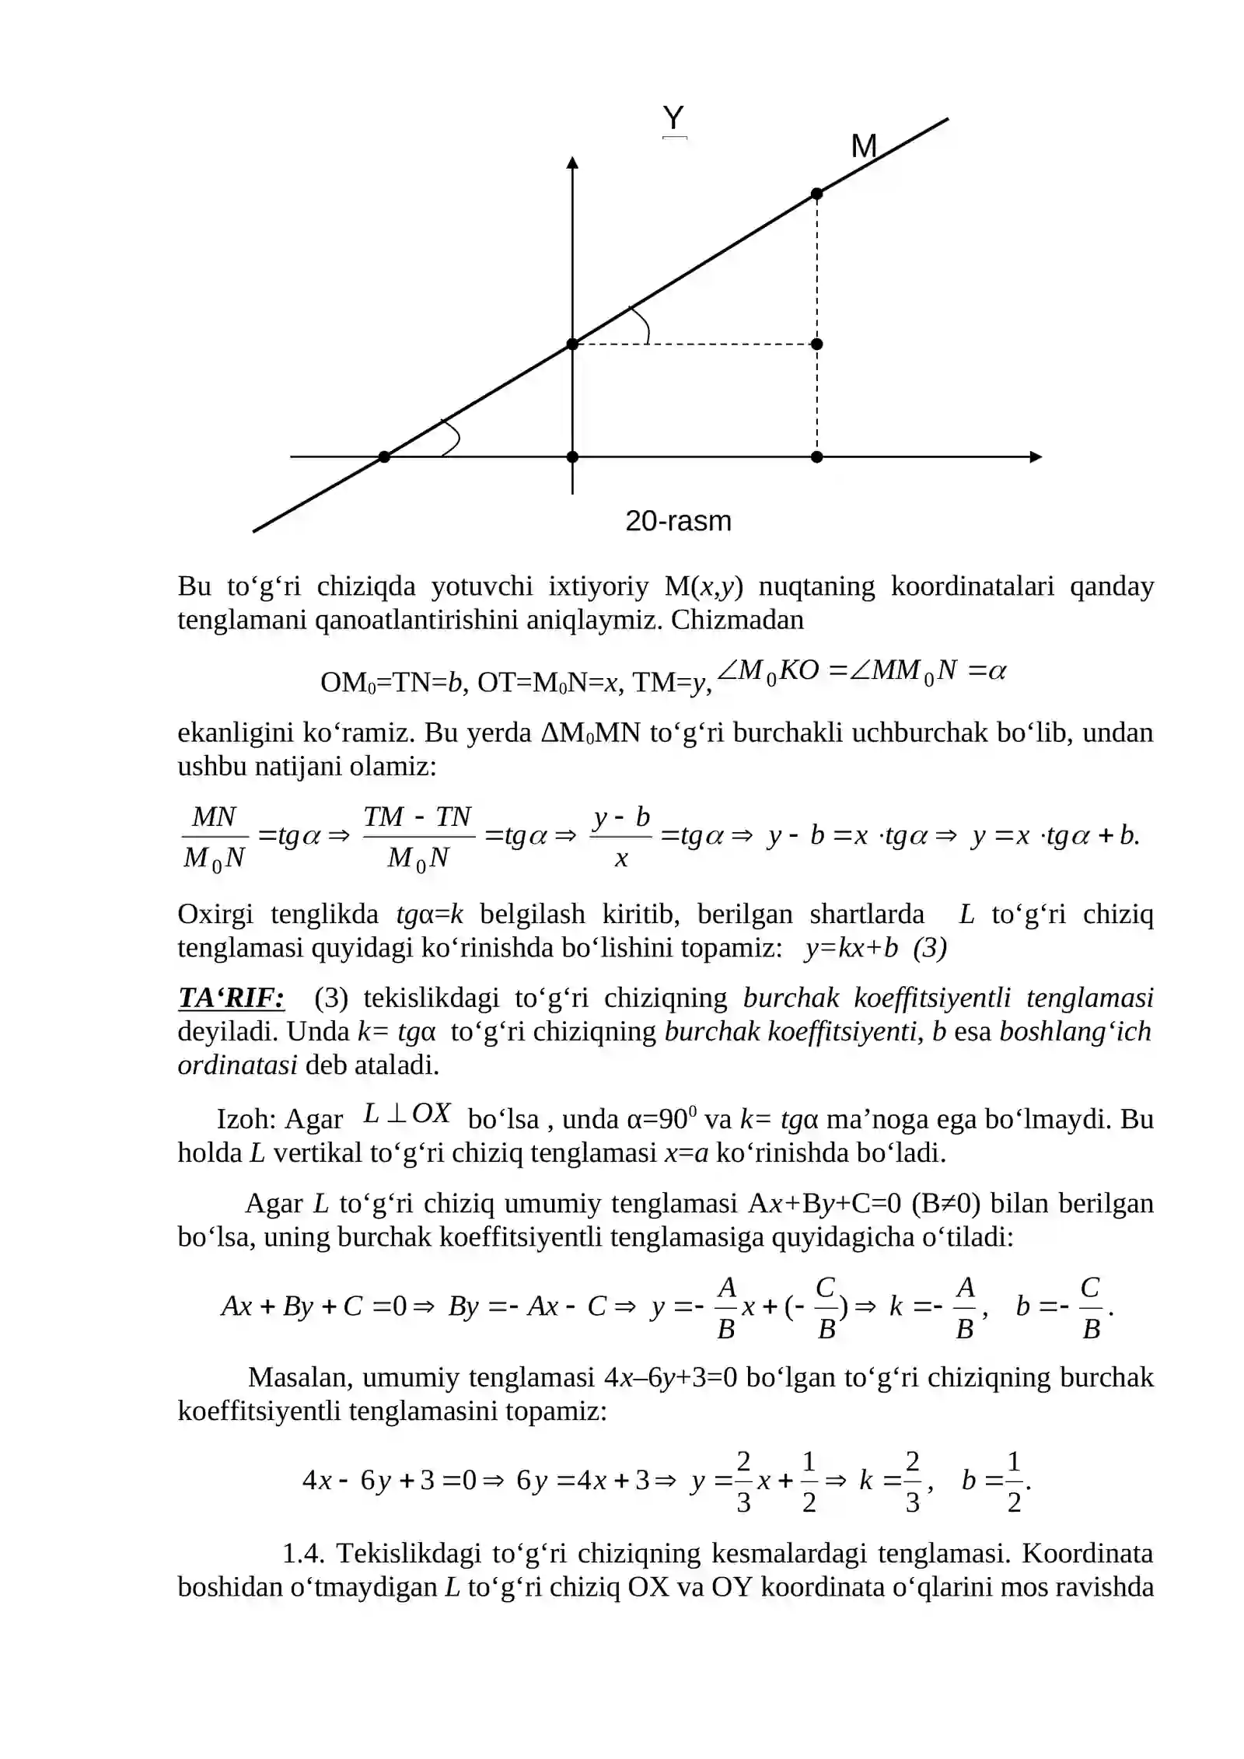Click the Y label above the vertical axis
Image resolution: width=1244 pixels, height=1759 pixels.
pyautogui.click(x=673, y=118)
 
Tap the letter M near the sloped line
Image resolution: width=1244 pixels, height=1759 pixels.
pyautogui.click(x=864, y=146)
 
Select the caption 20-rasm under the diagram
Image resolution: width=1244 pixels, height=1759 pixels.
pyautogui.click(x=678, y=521)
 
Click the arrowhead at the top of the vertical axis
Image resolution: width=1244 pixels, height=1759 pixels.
pyautogui.click(x=572, y=163)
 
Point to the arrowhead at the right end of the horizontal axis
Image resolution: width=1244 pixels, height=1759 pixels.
pyautogui.click(x=1035, y=457)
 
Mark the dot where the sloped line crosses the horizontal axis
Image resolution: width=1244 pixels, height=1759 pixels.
pyautogui.click(x=384, y=457)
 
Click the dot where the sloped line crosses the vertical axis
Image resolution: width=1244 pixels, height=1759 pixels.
pyautogui.click(x=572, y=344)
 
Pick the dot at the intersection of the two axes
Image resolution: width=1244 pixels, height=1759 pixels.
pyautogui.click(x=572, y=457)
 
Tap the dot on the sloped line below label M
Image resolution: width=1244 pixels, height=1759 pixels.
pyautogui.click(x=816, y=194)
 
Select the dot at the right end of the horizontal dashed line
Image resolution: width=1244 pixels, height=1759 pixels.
pyautogui.click(x=816, y=344)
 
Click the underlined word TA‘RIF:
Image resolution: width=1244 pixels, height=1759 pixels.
pyautogui.click(x=231, y=998)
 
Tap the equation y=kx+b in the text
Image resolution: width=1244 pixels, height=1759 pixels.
pyautogui.click(x=851, y=948)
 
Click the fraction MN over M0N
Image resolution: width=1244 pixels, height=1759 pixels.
pyautogui.click(x=214, y=838)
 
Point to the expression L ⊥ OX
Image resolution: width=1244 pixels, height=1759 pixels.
pyautogui.click(x=407, y=1114)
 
